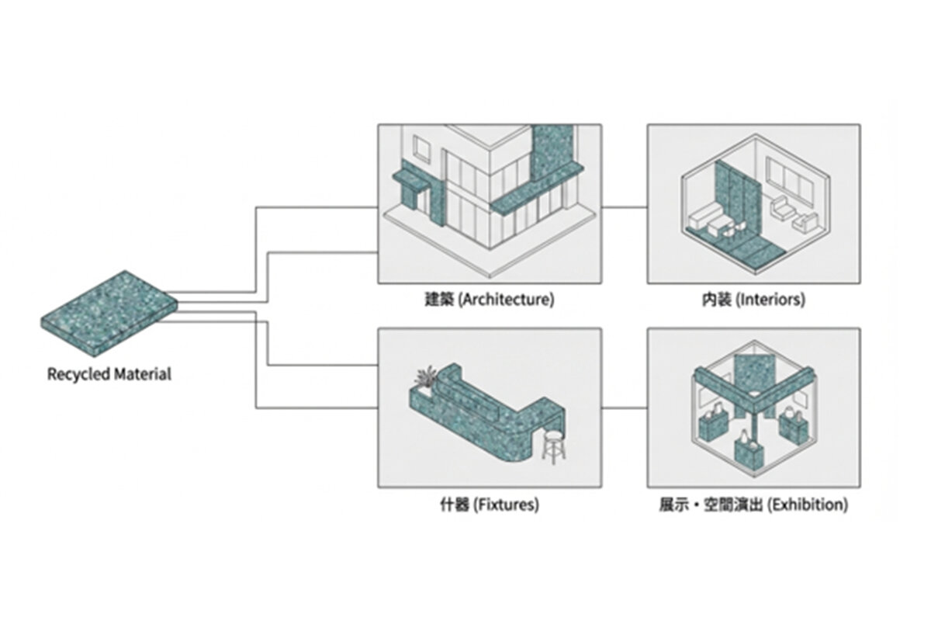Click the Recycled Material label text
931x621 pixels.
point(109,374)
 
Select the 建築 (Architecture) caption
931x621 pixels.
point(489,300)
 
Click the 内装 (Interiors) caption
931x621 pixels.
point(753,300)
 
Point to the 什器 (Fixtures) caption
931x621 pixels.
point(489,505)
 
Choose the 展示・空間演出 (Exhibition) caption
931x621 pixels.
point(753,505)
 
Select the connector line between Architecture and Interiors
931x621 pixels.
point(625,207)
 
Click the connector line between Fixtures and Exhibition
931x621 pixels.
point(625,408)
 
